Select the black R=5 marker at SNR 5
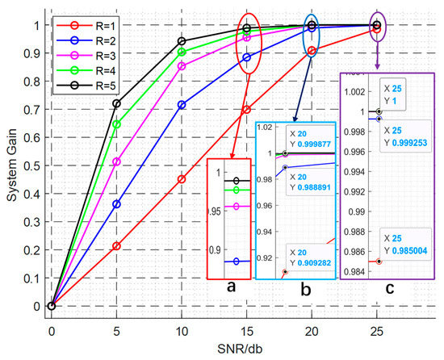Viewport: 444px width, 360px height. pos(116,104)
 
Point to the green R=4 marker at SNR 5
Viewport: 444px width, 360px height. pos(116,124)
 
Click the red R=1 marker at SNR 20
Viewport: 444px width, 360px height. pos(312,50)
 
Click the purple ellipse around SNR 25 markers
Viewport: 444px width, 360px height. pos(376,27)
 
